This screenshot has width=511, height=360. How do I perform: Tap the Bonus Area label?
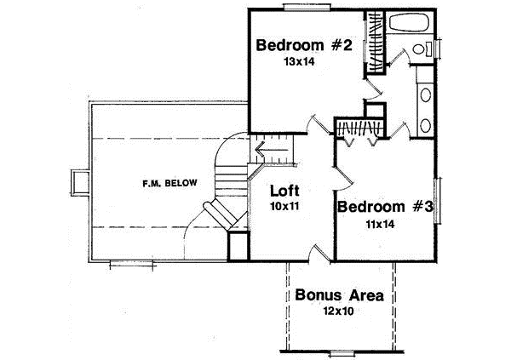pyautogui.click(x=339, y=296)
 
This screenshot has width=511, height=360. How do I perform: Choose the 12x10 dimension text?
pyautogui.click(x=339, y=312)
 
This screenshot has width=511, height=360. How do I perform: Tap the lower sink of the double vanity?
pyautogui.click(x=425, y=125)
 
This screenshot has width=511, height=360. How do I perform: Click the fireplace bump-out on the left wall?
pyautogui.click(x=80, y=182)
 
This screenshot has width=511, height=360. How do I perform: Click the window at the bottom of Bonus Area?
pyautogui.click(x=342, y=352)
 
